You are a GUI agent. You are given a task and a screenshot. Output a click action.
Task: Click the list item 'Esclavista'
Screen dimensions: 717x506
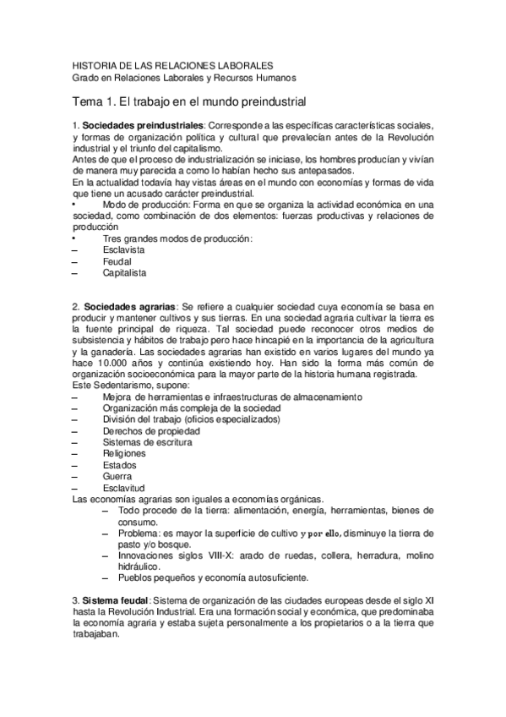[x=124, y=250]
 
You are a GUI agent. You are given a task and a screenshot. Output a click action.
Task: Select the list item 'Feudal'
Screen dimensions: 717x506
[x=117, y=262]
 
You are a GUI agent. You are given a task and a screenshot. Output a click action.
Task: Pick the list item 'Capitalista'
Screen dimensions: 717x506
[x=125, y=273]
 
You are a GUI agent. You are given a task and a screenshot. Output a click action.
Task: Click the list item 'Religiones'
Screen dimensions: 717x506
[x=124, y=453]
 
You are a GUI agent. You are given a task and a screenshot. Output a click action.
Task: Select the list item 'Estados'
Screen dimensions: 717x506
[x=119, y=465]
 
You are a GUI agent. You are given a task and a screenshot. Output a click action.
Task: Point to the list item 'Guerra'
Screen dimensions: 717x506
[x=117, y=476]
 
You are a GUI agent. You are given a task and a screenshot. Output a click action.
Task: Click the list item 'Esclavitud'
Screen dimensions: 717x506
[x=123, y=488]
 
